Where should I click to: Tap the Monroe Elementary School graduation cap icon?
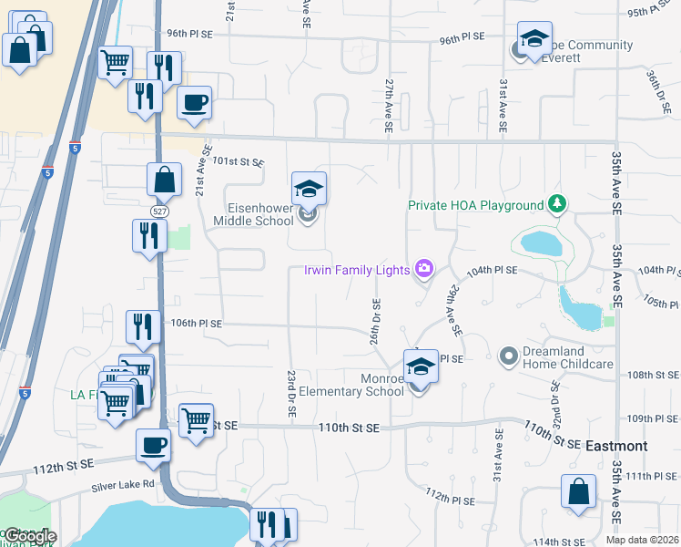coord(420,366)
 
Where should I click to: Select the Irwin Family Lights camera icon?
coord(423,268)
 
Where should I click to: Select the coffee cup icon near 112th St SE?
coord(153,446)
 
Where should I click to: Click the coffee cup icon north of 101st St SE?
coord(194,103)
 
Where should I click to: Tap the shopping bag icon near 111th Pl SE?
coord(578,492)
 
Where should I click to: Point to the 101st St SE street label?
coord(238,161)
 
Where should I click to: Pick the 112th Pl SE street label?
coord(450,498)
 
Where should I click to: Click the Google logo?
coord(29,536)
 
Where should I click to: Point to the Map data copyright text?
coord(642,540)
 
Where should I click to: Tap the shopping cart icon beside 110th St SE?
coord(196,420)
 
